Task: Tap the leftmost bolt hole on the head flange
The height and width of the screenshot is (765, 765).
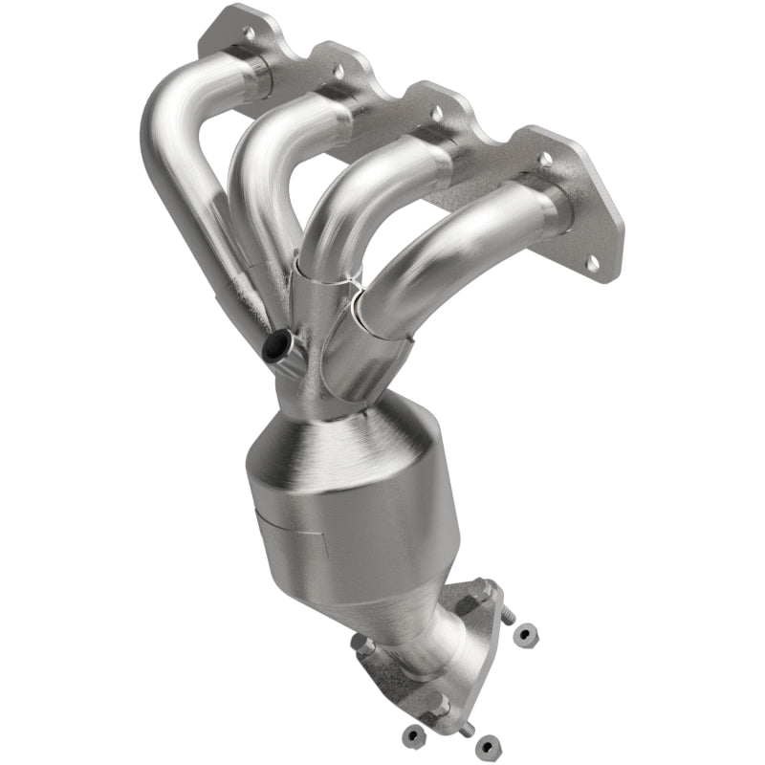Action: [x=250, y=33]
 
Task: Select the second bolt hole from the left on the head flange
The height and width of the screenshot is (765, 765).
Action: [x=338, y=71]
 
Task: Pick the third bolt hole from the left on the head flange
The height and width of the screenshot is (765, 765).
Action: [x=437, y=112]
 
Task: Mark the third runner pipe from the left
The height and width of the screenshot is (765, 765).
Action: [x=344, y=210]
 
